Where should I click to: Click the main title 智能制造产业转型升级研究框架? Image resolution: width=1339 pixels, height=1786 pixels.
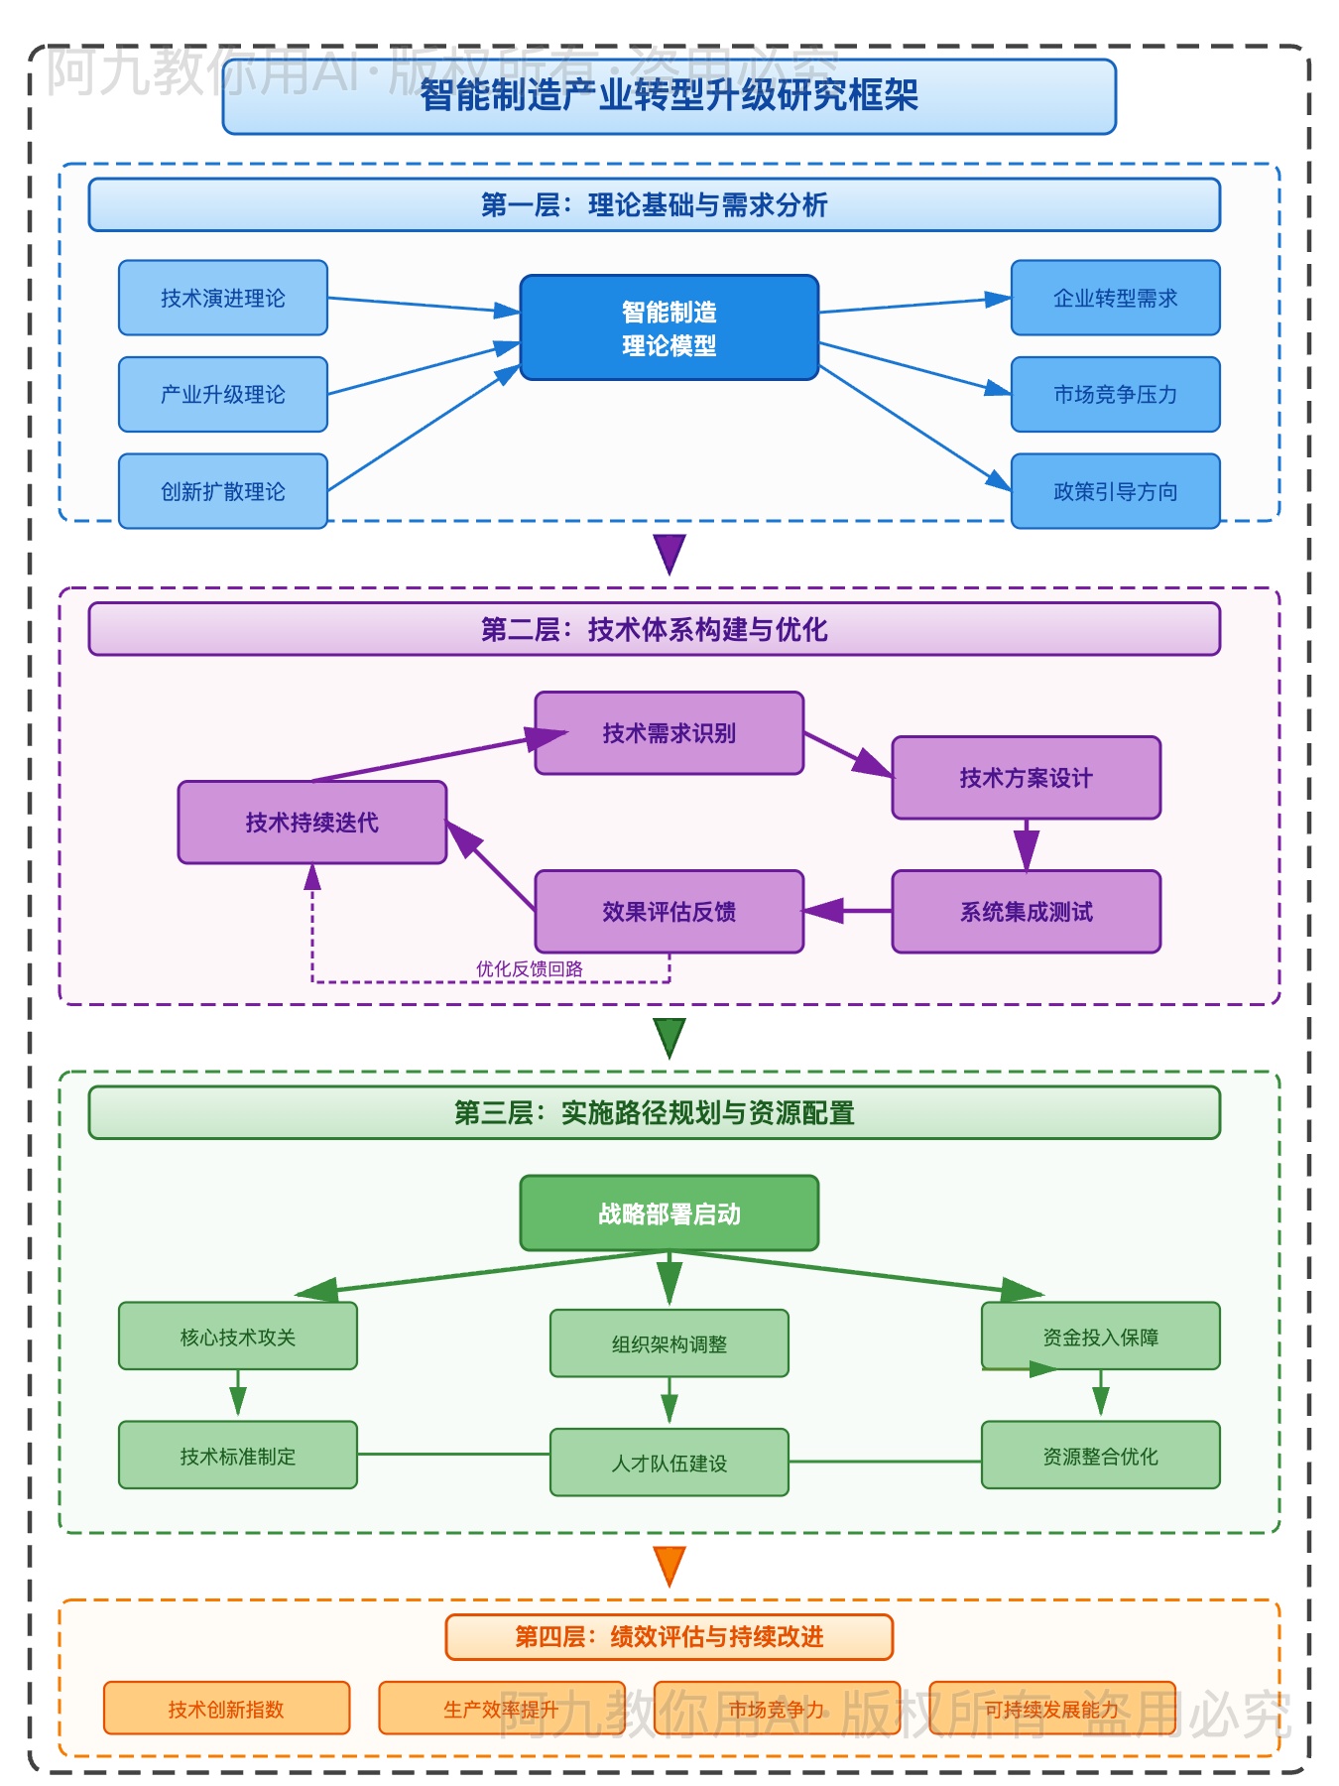coord(669,96)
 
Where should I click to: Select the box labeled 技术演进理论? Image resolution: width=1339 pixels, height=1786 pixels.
coord(223,298)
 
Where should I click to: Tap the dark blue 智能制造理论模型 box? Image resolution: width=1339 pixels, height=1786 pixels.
coord(669,327)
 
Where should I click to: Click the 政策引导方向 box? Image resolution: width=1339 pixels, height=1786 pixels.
coord(1115,491)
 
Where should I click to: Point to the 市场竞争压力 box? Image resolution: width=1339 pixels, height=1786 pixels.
coord(1115,394)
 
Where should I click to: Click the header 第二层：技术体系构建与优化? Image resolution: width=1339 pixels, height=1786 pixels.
coord(655,629)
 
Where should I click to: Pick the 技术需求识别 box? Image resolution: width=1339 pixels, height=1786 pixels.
coord(669,733)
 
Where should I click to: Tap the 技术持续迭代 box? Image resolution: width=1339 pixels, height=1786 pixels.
coord(312,823)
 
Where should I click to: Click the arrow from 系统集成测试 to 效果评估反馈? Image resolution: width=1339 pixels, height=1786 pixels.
coord(848,911)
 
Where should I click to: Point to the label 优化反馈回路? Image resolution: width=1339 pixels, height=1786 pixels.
coord(529,968)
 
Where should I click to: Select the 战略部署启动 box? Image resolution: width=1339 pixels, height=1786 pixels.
coord(669,1213)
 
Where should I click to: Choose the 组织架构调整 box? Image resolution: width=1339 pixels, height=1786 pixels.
coord(669,1343)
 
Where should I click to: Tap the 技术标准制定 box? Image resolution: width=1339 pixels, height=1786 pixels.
coord(238,1456)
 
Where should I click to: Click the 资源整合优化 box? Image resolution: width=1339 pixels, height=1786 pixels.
coord(1100,1456)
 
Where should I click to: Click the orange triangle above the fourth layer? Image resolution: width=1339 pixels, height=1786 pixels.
coord(669,1565)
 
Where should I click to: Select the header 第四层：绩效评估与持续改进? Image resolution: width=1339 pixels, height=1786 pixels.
coord(669,1637)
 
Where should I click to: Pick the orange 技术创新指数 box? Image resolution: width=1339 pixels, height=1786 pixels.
coord(226,1709)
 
